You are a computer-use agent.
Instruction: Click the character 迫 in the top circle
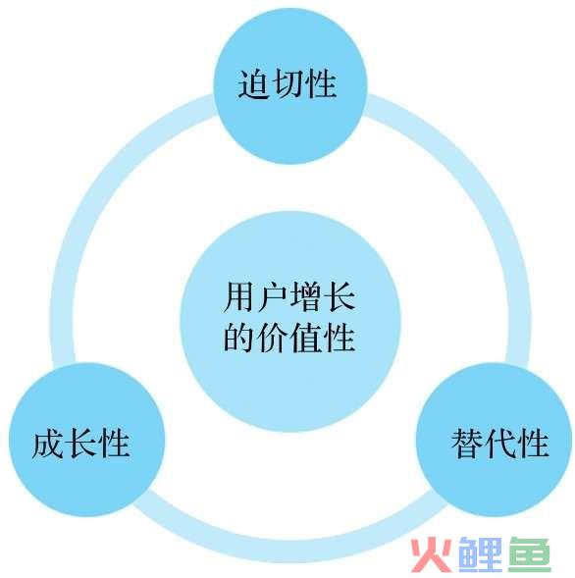point(252,83)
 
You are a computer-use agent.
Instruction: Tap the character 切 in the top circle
point(287,83)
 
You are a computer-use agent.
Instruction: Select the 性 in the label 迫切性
point(321,83)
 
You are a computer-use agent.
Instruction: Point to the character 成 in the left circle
point(47,444)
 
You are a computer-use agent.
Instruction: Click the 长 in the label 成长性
point(81,444)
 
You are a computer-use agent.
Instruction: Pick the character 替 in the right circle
point(467,444)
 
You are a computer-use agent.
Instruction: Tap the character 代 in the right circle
point(500,444)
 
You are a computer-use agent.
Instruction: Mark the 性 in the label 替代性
point(534,444)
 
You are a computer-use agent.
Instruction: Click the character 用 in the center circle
point(239,296)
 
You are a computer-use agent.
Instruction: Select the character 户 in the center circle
point(273,296)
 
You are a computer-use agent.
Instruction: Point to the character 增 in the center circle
point(306,296)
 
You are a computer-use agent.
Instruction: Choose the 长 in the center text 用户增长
point(340,296)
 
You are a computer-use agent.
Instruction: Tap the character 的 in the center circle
point(239,337)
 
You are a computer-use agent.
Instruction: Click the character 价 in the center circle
point(273,337)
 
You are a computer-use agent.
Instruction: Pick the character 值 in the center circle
point(306,337)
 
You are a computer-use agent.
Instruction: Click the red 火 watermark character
point(432,555)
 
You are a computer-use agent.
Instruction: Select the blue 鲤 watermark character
point(479,555)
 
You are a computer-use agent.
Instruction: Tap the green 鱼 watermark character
point(529,555)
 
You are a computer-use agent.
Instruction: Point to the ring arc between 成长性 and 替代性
point(290,551)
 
